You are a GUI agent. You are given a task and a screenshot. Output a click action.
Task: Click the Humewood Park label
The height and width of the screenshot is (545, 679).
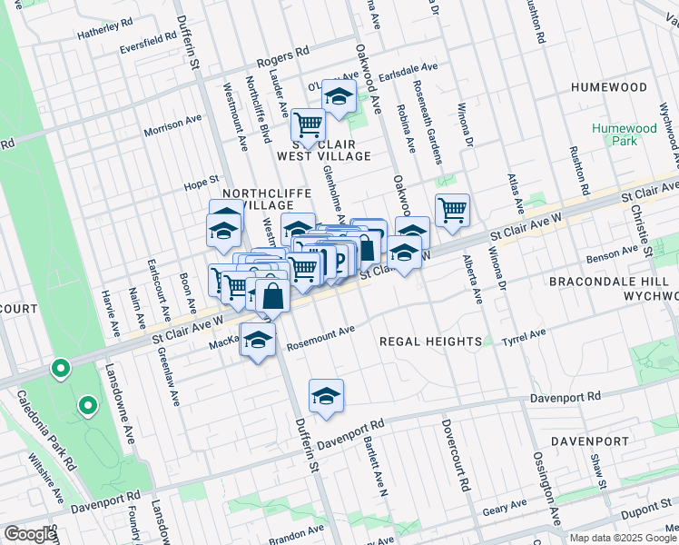pos(624,134)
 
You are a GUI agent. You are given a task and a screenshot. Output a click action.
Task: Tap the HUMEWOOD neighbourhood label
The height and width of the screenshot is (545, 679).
pos(609,87)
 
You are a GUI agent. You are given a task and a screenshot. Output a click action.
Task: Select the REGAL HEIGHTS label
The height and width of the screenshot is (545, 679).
pos(430,342)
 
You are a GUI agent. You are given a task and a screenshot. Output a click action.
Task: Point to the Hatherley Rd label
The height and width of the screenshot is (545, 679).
pos(105,32)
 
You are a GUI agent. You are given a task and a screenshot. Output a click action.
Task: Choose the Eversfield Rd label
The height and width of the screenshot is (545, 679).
pos(148,42)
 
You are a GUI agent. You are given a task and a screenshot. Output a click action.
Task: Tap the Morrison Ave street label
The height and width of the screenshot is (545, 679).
pos(172,125)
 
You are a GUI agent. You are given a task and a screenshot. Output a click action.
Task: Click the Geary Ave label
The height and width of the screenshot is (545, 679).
pos(505,505)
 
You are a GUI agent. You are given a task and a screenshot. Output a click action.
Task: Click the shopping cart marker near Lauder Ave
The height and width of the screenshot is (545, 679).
pos(308,124)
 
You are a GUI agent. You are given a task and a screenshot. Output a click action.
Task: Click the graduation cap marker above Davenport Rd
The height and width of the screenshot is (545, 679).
pos(326,395)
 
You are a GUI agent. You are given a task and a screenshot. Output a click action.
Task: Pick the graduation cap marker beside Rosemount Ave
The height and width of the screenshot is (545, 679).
pos(258,341)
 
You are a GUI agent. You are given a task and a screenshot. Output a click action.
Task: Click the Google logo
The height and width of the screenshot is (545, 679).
pos(30,534)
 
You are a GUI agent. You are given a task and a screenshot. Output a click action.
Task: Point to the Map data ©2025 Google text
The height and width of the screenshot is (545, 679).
pos(622,538)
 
